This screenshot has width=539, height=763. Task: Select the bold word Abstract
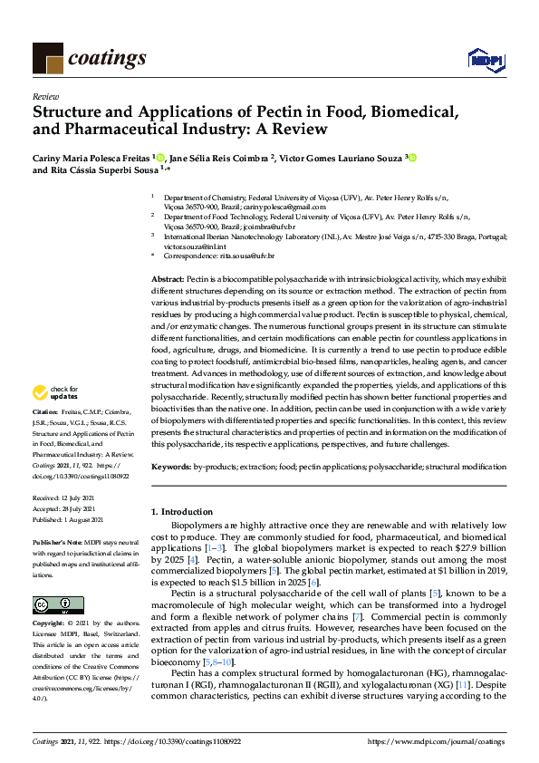click(x=168, y=282)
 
